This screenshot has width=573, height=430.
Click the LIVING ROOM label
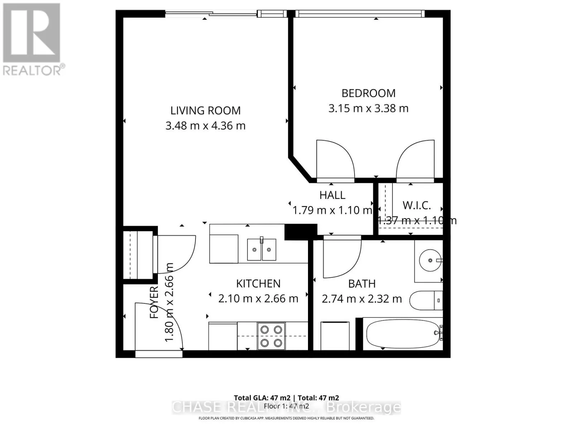tap(205, 110)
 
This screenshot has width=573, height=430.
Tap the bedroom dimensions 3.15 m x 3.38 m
tap(368, 108)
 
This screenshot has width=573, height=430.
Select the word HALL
tap(332, 195)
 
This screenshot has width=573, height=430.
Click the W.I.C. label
tap(416, 205)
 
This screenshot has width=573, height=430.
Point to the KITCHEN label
tap(258, 283)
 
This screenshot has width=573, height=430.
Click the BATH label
tap(362, 284)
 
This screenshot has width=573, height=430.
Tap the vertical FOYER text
tap(154, 302)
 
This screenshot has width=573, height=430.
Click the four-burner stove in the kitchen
tap(271, 336)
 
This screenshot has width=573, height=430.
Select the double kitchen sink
tap(261, 249)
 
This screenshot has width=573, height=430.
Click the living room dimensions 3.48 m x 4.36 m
tap(205, 126)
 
